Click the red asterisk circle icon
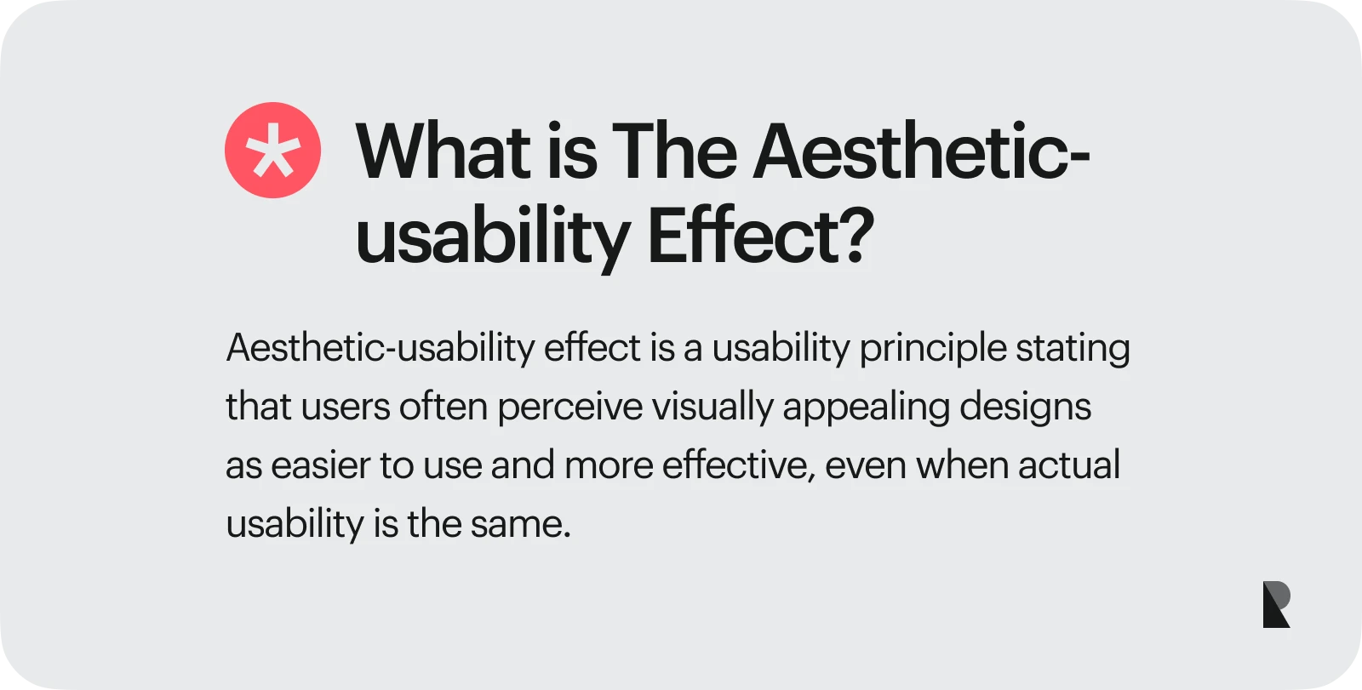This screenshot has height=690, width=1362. click(x=272, y=151)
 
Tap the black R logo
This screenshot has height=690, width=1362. click(x=1275, y=605)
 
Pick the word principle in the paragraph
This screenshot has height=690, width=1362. click(x=932, y=349)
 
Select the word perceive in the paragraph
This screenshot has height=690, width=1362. click(x=569, y=408)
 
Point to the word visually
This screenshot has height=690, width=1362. click(x=712, y=408)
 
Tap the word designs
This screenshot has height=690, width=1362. click(x=1025, y=408)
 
